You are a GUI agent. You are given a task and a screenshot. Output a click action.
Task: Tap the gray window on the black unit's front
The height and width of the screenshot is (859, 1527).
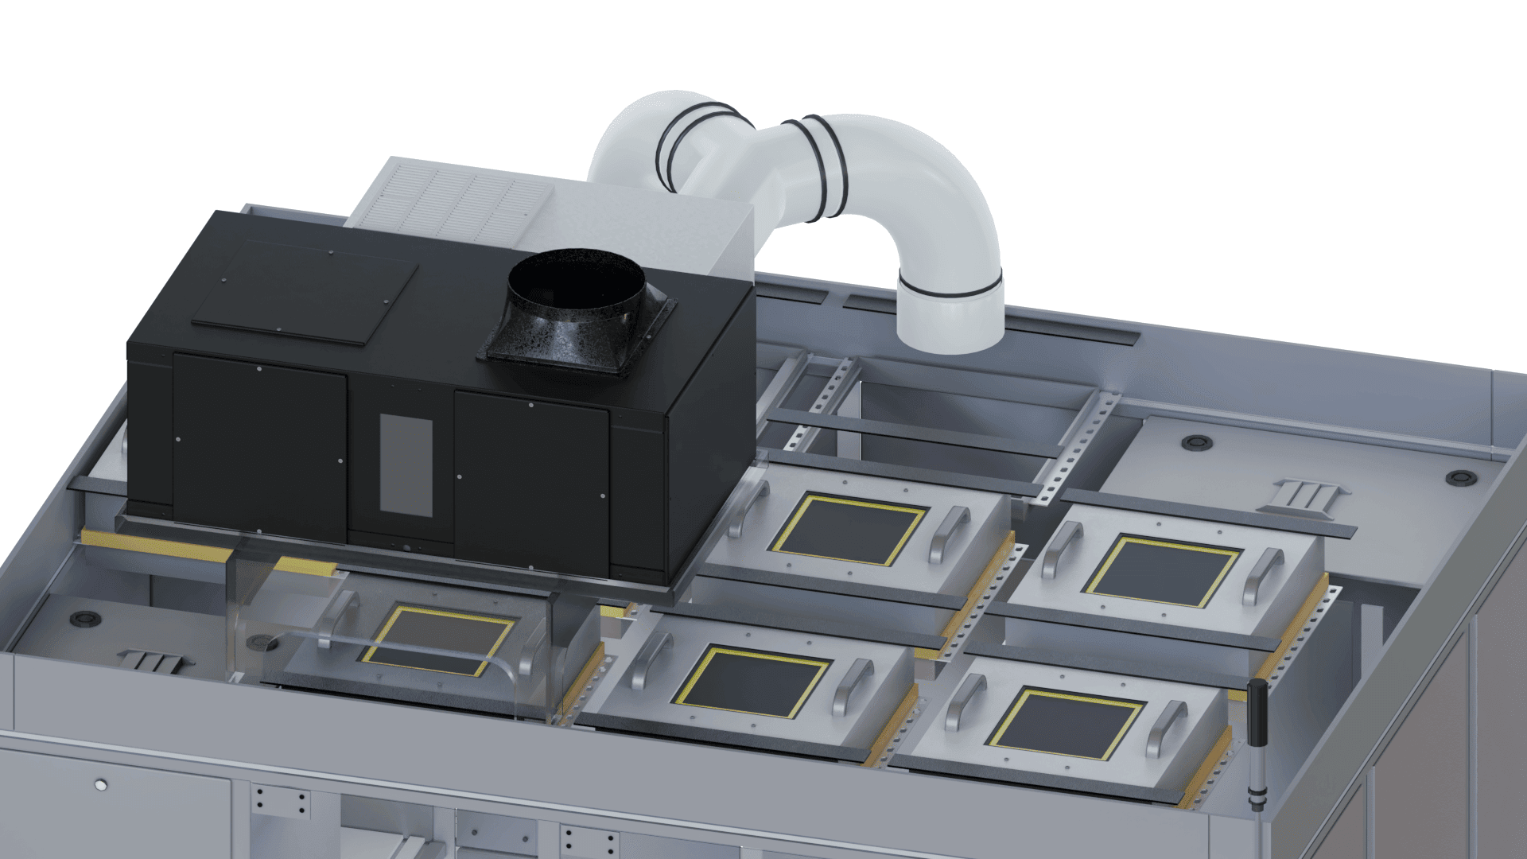406,465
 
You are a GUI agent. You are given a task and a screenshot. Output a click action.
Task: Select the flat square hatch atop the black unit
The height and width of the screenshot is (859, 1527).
306,292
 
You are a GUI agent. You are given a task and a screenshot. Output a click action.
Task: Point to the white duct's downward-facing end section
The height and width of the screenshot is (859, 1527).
950,314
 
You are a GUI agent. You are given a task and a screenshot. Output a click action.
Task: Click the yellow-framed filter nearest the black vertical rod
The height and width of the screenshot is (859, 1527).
1066,722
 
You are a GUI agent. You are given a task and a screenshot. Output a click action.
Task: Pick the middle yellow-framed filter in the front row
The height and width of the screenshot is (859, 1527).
752,681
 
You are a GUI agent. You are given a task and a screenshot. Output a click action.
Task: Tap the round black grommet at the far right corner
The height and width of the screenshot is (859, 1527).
1460,477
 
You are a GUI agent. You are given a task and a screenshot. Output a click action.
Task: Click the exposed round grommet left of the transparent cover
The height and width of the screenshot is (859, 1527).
83,617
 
